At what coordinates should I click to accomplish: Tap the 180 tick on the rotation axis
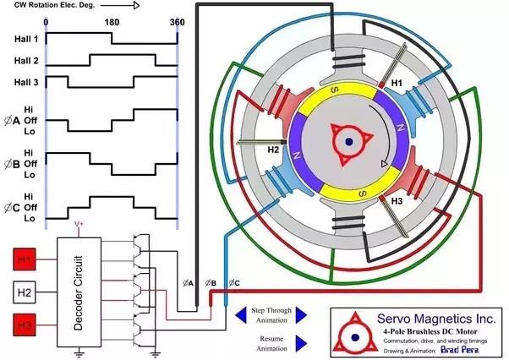point(112,21)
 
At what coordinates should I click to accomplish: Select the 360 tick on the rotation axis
point(177,21)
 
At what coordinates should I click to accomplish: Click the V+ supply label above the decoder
point(79,225)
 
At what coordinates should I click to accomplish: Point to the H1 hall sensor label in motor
point(396,85)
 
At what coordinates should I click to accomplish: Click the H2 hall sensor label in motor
point(273,149)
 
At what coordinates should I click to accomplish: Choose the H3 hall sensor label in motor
point(397,201)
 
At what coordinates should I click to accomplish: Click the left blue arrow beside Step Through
point(240,314)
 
